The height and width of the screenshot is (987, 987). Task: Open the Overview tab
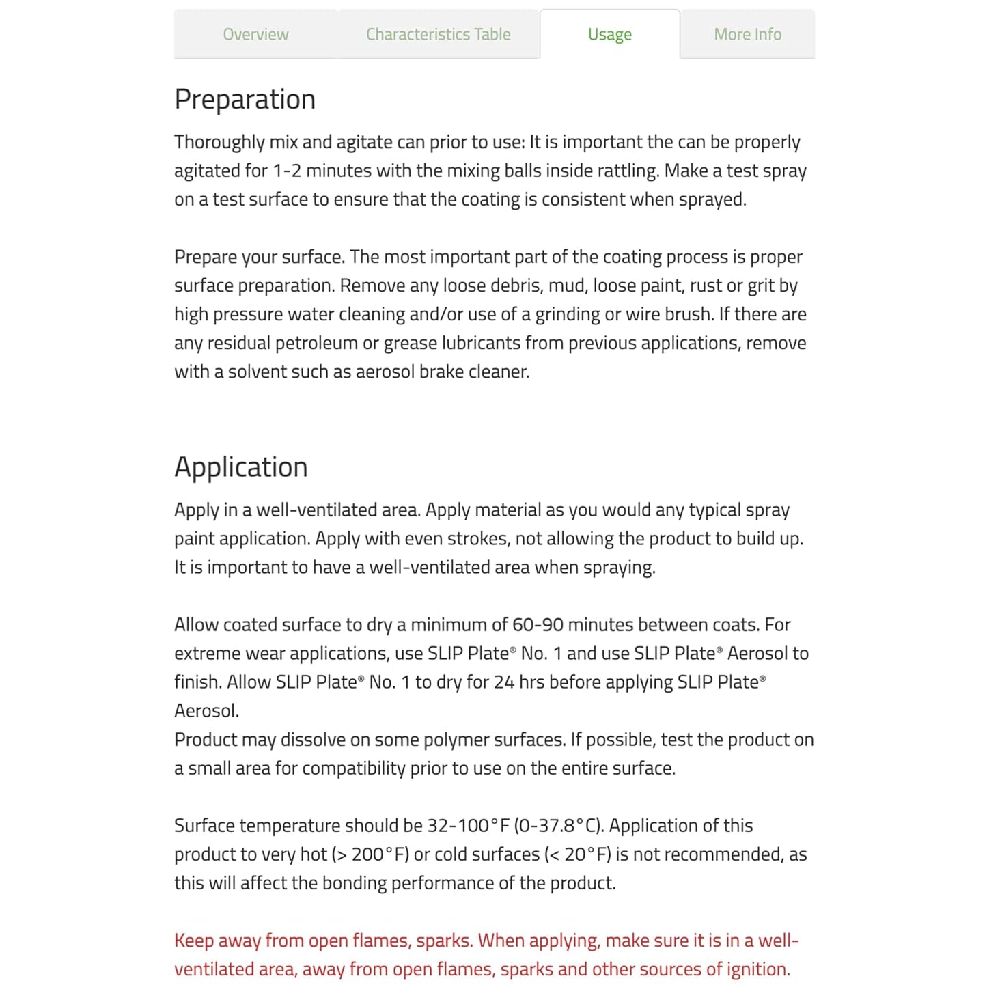click(x=255, y=34)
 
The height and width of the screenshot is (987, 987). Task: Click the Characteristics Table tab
click(x=438, y=34)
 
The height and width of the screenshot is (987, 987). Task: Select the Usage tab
click(x=609, y=34)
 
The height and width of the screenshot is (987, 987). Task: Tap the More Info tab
click(x=747, y=34)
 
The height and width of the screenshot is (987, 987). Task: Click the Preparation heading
click(x=245, y=100)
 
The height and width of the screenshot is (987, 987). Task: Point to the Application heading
click(x=240, y=467)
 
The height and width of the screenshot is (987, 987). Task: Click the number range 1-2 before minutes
click(x=287, y=171)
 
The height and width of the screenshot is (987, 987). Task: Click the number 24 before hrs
click(x=503, y=682)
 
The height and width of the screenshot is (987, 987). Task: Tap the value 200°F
click(x=380, y=854)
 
